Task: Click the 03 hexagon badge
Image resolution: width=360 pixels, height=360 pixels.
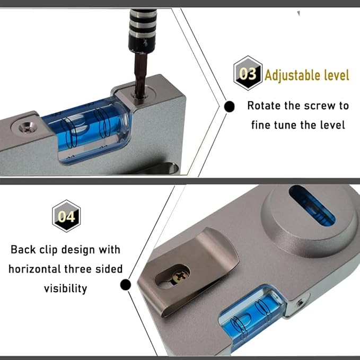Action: click(248, 73)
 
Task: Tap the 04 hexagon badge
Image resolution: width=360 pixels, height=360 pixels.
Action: click(66, 216)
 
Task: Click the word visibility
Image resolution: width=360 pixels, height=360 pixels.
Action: click(65, 288)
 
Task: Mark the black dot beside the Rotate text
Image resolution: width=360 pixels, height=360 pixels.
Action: click(230, 107)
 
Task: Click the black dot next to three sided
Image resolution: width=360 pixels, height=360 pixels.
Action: click(126, 285)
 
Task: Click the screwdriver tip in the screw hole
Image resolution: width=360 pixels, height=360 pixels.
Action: click(141, 95)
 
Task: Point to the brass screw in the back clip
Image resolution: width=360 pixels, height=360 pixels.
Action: click(178, 275)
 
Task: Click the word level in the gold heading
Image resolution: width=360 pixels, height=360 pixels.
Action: click(336, 75)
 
